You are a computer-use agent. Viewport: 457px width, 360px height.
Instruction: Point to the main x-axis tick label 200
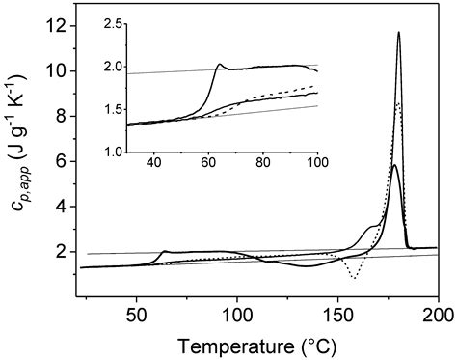point(438,317)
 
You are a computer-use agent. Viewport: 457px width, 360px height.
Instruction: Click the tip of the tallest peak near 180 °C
point(398,33)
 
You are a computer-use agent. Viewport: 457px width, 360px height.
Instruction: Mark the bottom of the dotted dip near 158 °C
point(355,278)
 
